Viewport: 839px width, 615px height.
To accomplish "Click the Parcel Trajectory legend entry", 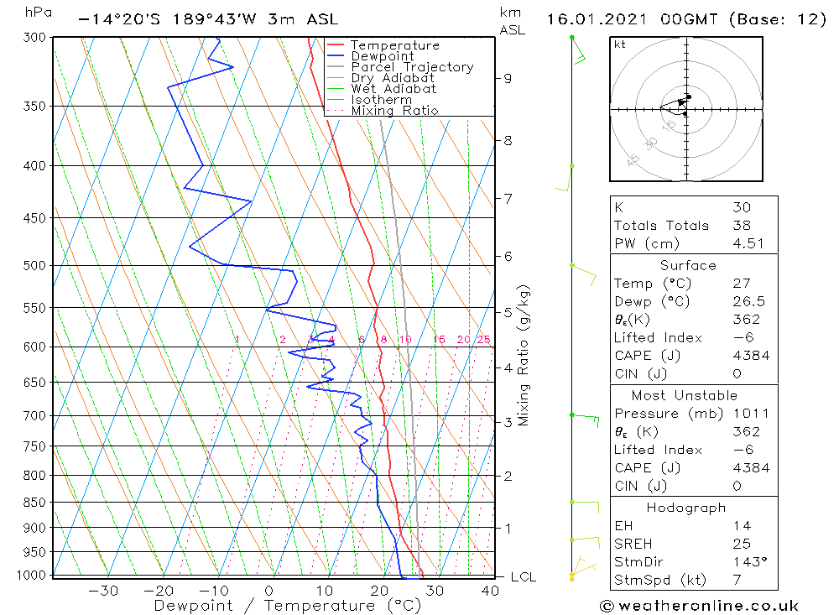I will click(x=412, y=67).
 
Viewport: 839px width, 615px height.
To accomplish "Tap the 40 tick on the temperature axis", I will click(x=490, y=591).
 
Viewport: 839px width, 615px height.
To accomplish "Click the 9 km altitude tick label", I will click(x=508, y=78).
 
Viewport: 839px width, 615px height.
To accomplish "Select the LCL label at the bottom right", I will click(x=523, y=577).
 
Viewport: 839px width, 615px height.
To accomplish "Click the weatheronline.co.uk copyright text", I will click(x=699, y=606).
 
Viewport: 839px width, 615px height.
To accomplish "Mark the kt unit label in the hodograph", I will click(x=619, y=44).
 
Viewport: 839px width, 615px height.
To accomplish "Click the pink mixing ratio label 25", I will click(x=483, y=340).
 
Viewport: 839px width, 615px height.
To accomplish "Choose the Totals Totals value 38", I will click(x=741, y=226).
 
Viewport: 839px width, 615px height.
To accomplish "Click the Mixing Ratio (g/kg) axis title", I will click(x=524, y=355).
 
